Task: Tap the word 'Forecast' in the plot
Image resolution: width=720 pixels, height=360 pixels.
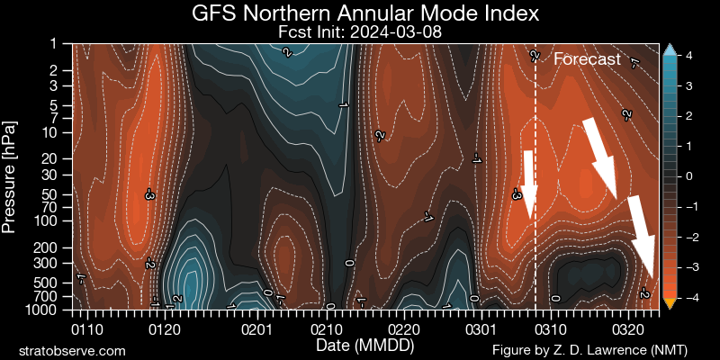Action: (x=587, y=59)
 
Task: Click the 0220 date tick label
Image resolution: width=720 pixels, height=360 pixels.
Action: (x=405, y=319)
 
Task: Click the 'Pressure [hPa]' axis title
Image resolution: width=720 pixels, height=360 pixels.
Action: (x=11, y=175)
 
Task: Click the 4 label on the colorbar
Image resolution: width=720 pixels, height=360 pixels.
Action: (x=688, y=56)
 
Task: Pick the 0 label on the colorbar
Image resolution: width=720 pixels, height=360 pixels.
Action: (x=688, y=176)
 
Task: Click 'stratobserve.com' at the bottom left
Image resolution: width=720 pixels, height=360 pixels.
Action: (x=72, y=349)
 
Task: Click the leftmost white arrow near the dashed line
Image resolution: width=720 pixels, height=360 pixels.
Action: (x=529, y=184)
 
